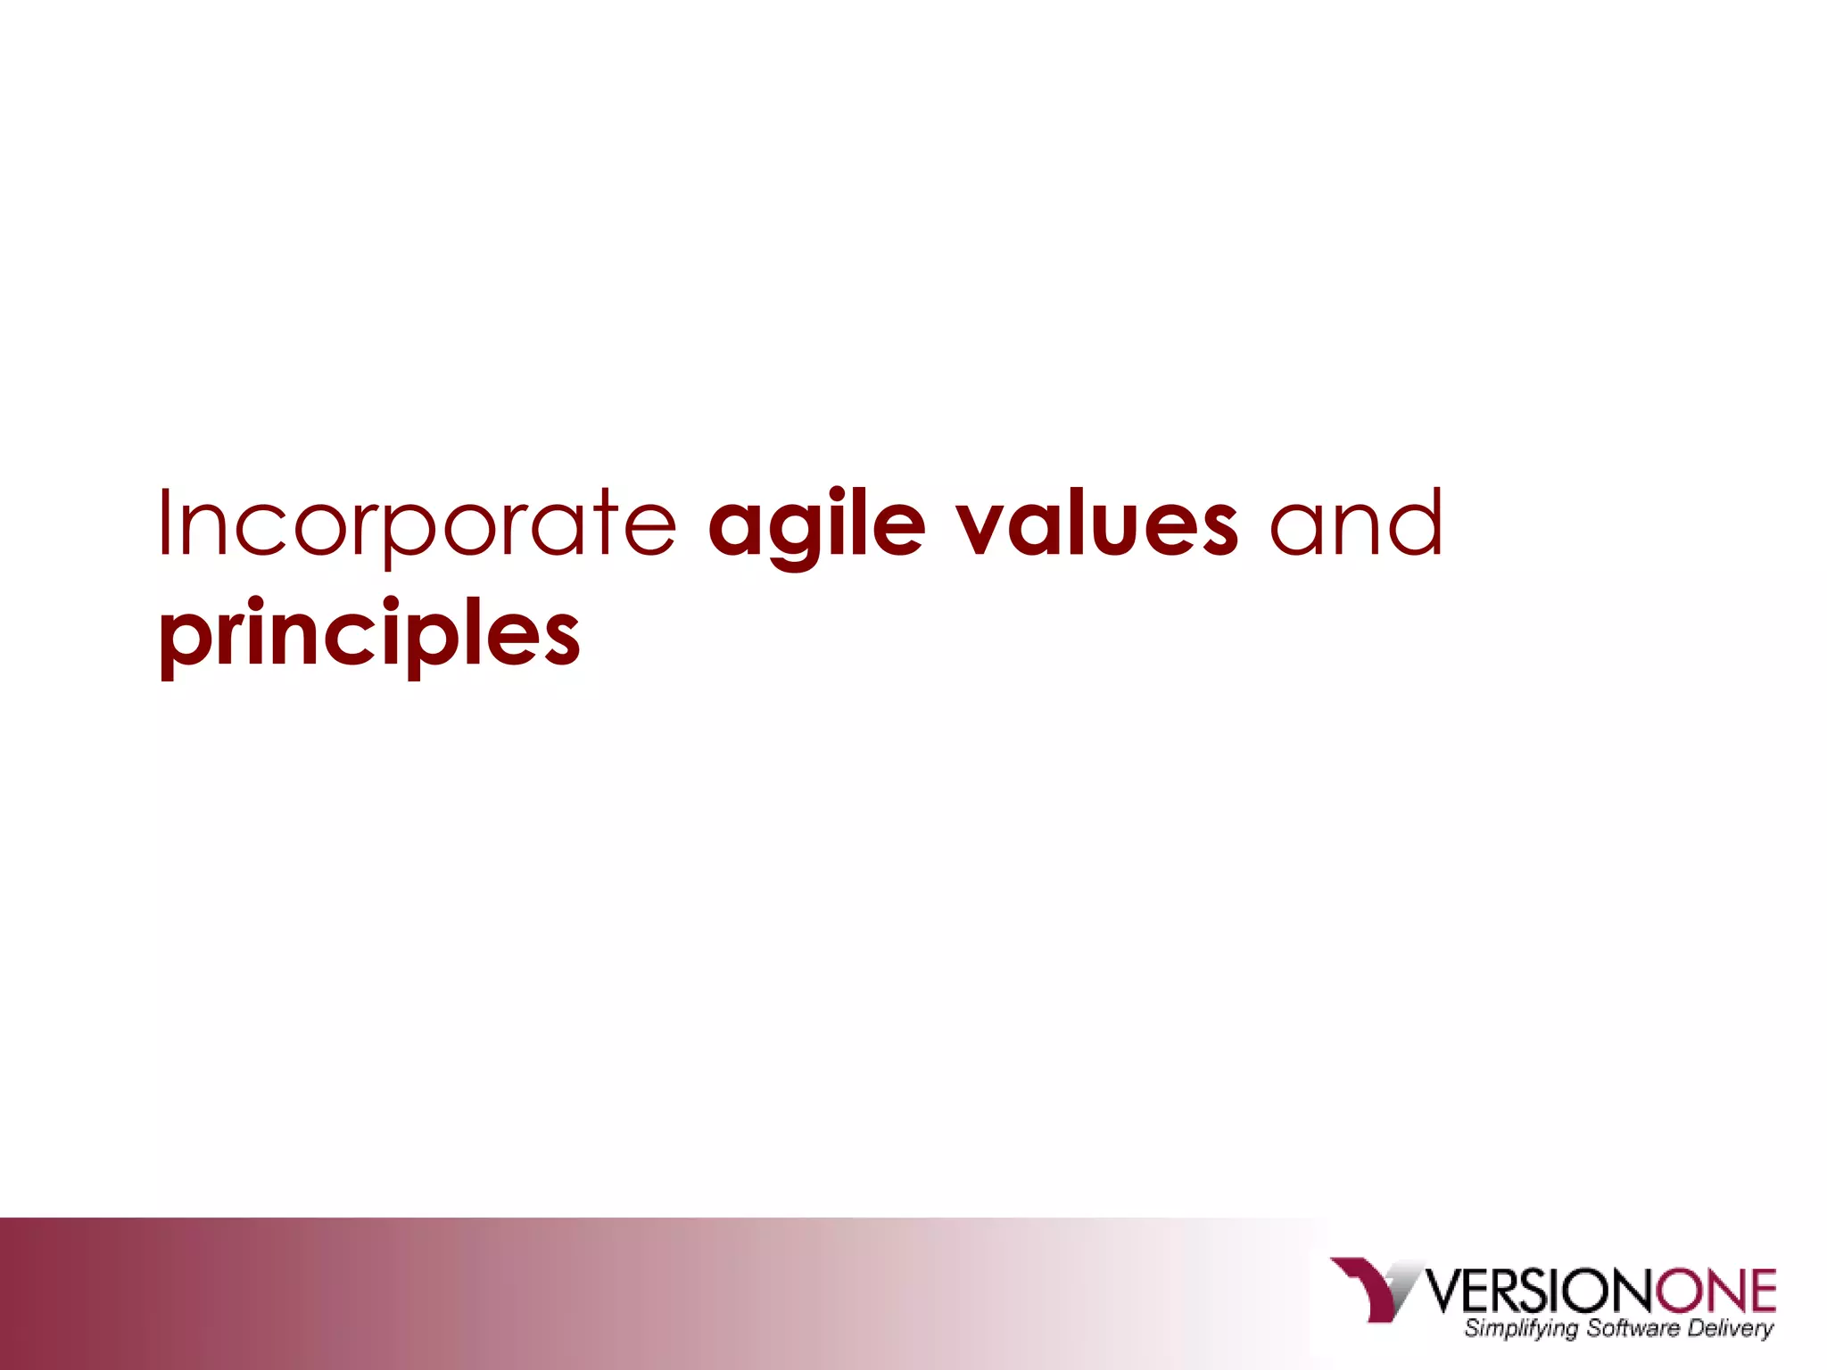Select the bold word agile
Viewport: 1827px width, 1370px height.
[816, 526]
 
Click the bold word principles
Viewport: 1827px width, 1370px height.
[369, 635]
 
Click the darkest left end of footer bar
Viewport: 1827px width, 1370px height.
[18, 1293]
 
